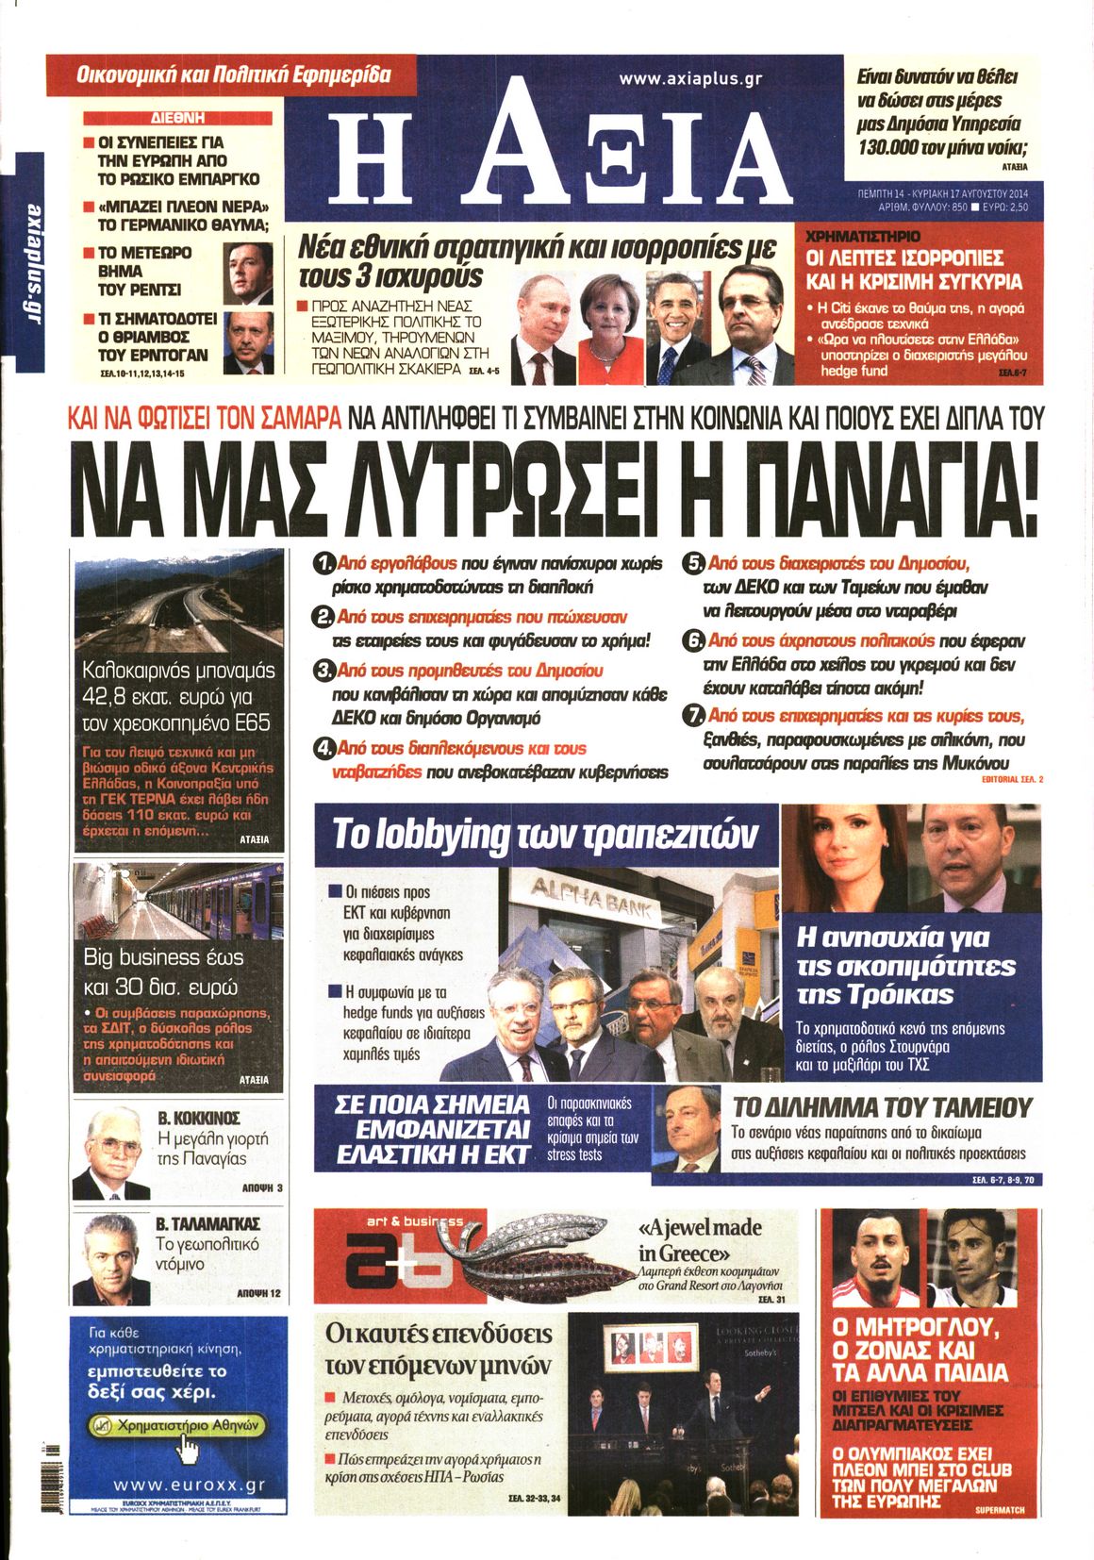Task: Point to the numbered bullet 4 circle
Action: point(324,750)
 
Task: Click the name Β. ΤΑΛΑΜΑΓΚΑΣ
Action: point(207,1224)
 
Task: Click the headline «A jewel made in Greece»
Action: point(700,1240)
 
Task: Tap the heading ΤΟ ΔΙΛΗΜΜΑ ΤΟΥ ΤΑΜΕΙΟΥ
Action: point(882,1107)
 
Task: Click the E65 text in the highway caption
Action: point(250,723)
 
